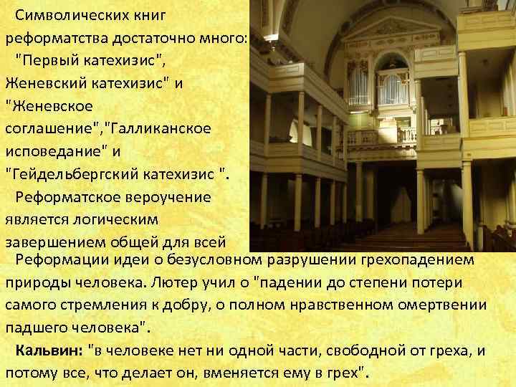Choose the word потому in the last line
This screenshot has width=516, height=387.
click(29, 373)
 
